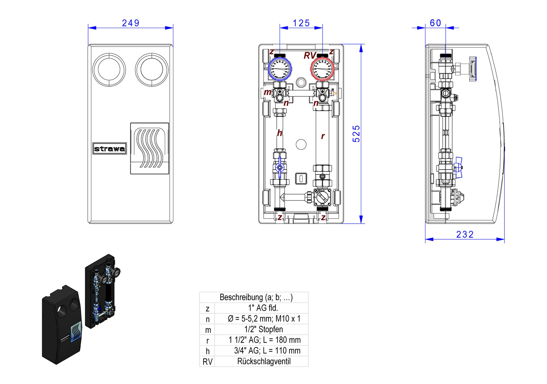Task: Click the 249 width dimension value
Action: tap(130, 23)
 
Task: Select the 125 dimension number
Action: tap(301, 23)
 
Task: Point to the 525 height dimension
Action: tap(356, 134)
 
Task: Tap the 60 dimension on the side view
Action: tap(435, 23)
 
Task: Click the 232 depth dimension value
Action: tap(465, 235)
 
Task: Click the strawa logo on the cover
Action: tap(109, 148)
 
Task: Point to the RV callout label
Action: tap(310, 56)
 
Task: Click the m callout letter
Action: tap(267, 92)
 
